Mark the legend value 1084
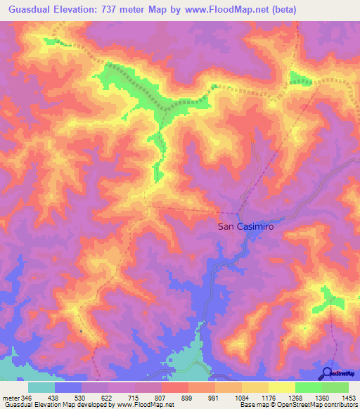pyautogui.click(x=241, y=398)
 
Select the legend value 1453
pyautogui.click(x=347, y=398)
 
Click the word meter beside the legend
pyautogui.click(x=10, y=398)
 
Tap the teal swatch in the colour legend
pyautogui.click(x=41, y=387)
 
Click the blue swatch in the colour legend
pyautogui.click(x=68, y=387)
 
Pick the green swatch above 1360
pyautogui.click(x=308, y=387)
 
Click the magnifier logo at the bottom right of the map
pyautogui.click(x=326, y=372)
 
